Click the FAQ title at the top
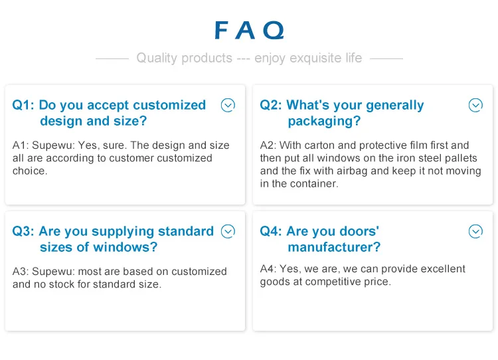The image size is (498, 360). click(249, 31)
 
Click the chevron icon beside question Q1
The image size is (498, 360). click(228, 105)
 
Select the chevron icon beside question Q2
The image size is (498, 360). click(475, 105)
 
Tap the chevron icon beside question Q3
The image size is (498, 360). click(228, 231)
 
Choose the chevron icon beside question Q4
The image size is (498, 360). click(475, 231)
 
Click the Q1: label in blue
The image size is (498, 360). click(23, 105)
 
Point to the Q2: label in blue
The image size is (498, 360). click(271, 105)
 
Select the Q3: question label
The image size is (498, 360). click(23, 231)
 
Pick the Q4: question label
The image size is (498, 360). click(271, 231)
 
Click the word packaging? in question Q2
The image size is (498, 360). click(324, 122)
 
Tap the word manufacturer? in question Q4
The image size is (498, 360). click(334, 247)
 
